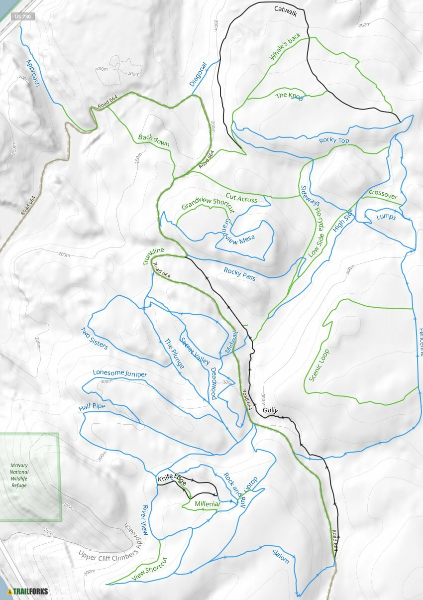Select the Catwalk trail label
(x=285, y=11)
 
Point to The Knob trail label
(x=289, y=96)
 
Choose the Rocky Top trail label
(x=334, y=140)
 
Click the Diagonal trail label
(x=198, y=74)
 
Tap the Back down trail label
(x=154, y=140)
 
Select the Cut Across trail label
(x=241, y=198)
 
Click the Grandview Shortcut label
(x=208, y=204)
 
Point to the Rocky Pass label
(x=239, y=274)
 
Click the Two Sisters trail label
(x=94, y=339)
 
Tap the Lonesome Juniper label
(x=120, y=373)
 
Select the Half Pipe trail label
(x=92, y=407)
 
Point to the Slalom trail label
(x=280, y=556)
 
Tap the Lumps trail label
(x=386, y=217)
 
